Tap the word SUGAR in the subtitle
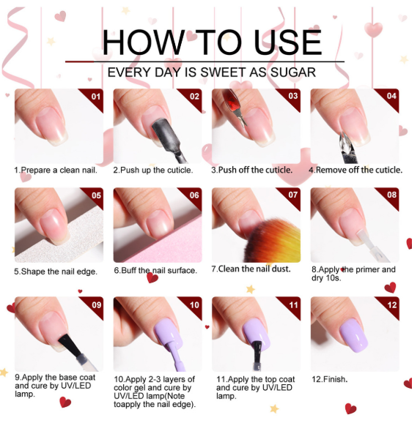(293, 72)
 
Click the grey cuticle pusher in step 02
(168, 140)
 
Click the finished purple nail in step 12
(354, 335)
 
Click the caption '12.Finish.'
(329, 379)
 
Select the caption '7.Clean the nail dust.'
(251, 269)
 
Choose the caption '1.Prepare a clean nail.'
(56, 170)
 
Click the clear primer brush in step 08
(372, 245)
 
